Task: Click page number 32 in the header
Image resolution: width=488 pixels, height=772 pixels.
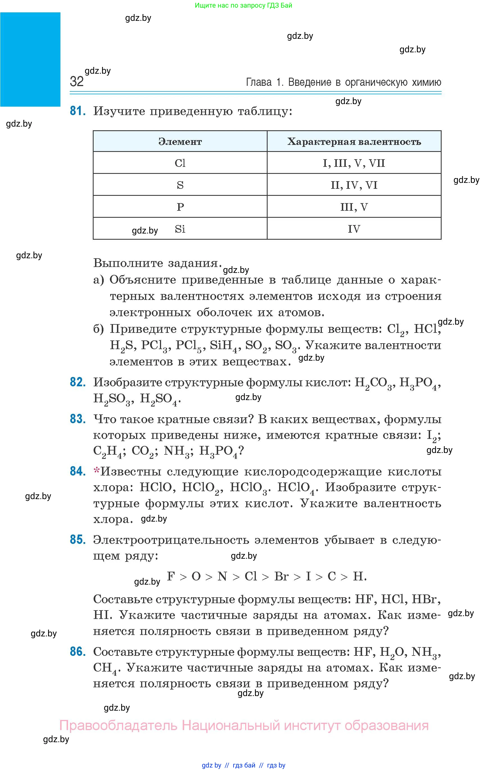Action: click(76, 82)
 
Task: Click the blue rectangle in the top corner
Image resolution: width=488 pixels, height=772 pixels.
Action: click(30, 59)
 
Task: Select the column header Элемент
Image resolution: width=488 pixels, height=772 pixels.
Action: click(180, 142)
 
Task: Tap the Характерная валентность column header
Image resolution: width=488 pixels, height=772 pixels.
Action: click(354, 142)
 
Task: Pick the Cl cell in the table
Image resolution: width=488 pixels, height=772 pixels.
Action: click(180, 163)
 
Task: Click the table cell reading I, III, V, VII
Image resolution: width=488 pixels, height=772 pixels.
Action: click(354, 163)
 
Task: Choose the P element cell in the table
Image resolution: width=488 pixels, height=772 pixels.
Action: click(180, 207)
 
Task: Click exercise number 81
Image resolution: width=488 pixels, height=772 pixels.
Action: click(78, 111)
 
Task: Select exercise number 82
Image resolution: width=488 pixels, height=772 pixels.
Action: click(78, 382)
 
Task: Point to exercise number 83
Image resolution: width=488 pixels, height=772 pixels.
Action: click(78, 419)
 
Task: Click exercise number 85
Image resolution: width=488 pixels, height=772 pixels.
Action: click(78, 540)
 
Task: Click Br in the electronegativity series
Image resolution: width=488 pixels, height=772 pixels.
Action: click(281, 576)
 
